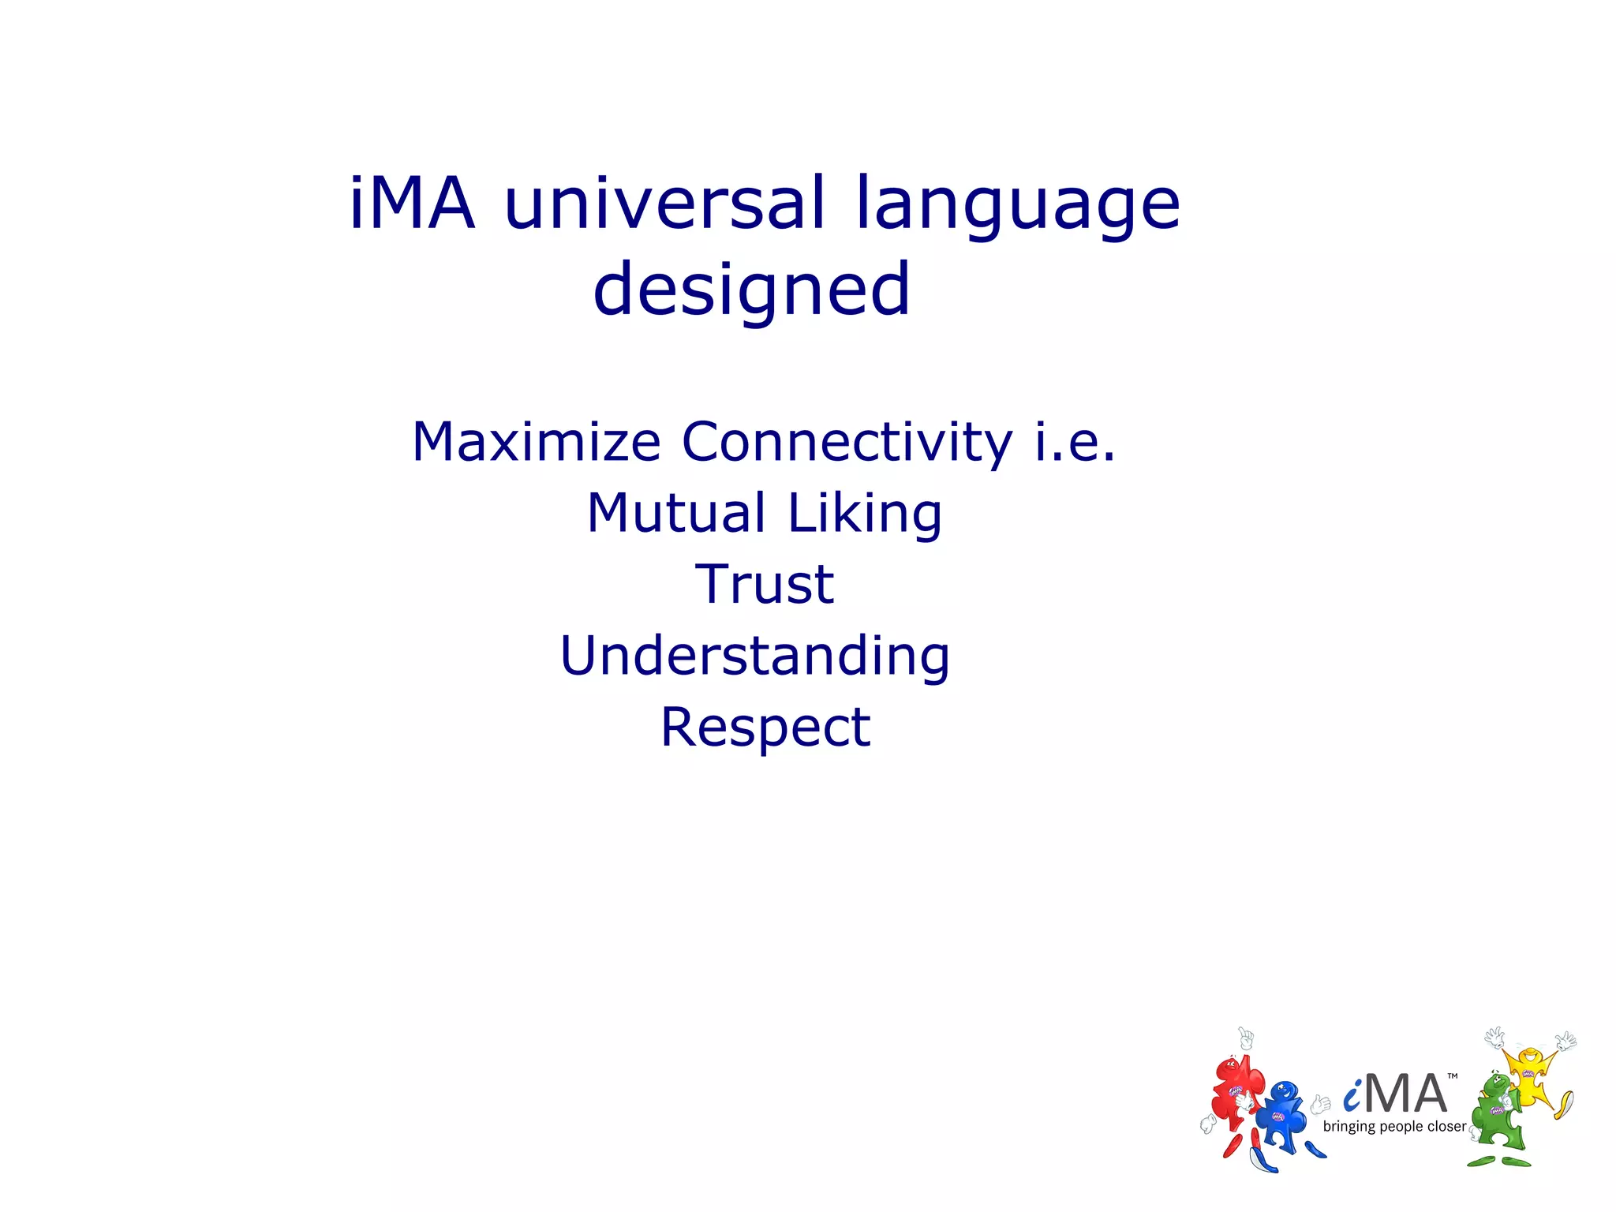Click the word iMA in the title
[413, 204]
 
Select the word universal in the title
[664, 204]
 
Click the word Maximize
[536, 442]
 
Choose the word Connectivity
[847, 443]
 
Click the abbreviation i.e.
[1075, 442]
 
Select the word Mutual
[676, 513]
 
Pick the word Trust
[764, 585]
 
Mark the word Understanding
[754, 656]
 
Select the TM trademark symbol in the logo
[1453, 1076]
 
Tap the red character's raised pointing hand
[1246, 1038]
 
